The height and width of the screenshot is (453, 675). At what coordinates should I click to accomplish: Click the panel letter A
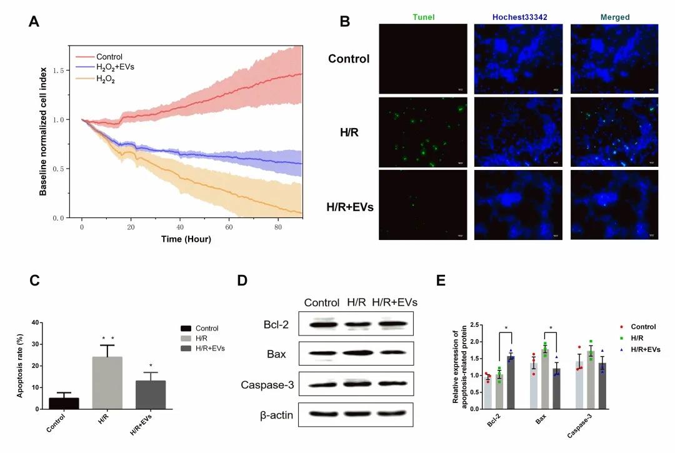pyautogui.click(x=35, y=21)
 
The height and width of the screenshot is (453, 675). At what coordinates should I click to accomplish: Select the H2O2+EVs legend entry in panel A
pyautogui.click(x=115, y=67)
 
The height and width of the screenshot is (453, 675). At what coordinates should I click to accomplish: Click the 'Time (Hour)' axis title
pyautogui.click(x=186, y=239)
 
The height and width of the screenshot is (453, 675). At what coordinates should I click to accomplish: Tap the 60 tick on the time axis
pyautogui.click(x=229, y=227)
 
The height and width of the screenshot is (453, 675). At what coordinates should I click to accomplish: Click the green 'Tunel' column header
pyautogui.click(x=423, y=17)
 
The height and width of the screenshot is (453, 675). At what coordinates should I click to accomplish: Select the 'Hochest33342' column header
pyautogui.click(x=519, y=17)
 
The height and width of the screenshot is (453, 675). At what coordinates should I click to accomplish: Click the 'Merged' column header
pyautogui.click(x=615, y=17)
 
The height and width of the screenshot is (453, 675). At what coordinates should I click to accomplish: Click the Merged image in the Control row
pyautogui.click(x=615, y=59)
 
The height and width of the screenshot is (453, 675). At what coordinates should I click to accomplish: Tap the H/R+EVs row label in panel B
pyautogui.click(x=350, y=206)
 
